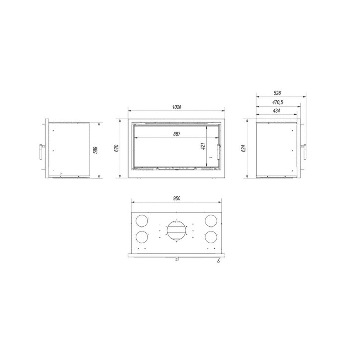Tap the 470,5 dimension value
(x=278, y=102)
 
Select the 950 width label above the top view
(x=176, y=198)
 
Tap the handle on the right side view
(x=305, y=150)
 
